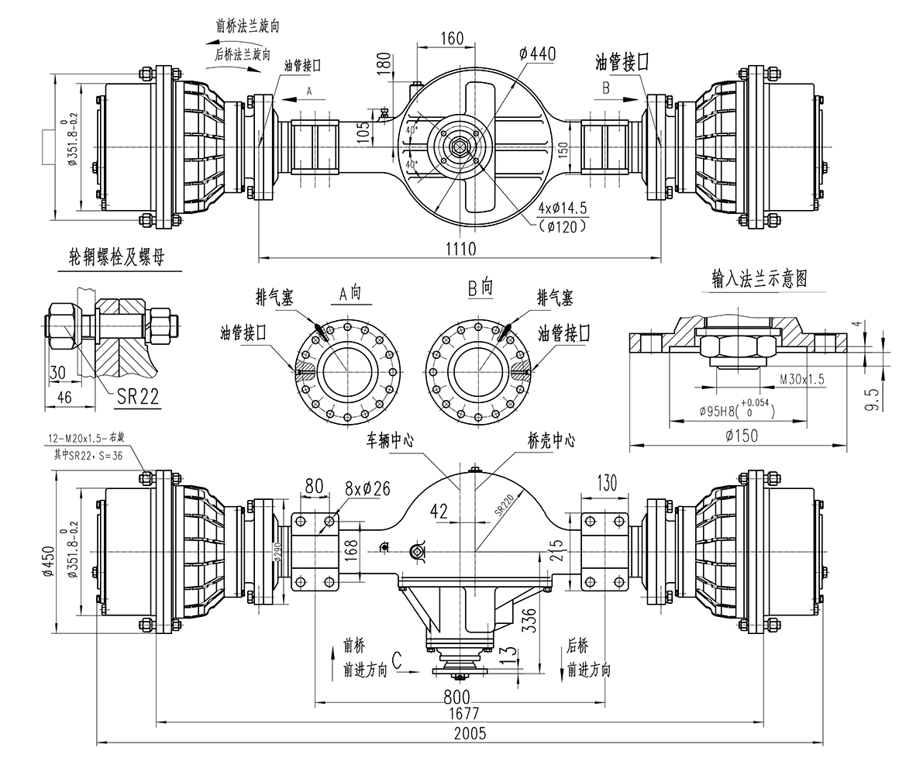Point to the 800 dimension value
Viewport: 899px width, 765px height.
458,694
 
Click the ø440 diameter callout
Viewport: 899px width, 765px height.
538,54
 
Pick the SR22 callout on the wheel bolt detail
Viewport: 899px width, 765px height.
137,397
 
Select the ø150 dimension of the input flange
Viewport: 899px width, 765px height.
742,436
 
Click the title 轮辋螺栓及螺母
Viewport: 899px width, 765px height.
116,258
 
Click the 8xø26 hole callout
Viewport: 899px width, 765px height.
367,488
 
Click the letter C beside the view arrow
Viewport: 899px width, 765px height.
397,660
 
